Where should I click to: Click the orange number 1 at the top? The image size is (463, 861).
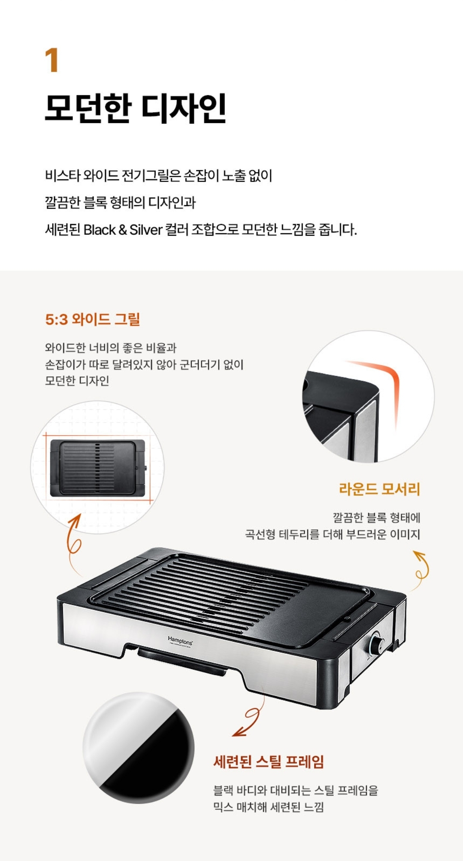click(52, 60)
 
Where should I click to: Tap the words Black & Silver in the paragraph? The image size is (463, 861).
click(123, 230)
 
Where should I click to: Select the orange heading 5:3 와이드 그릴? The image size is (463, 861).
click(93, 319)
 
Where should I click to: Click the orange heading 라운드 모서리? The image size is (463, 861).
click(379, 489)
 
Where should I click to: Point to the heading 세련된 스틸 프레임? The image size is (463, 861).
click(269, 761)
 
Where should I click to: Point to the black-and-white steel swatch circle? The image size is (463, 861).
click(138, 747)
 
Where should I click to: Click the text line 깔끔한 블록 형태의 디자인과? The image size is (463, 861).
click(120, 202)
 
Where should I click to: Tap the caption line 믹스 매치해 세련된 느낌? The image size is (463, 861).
click(269, 807)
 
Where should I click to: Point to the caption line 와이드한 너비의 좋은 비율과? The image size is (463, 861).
click(111, 348)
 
